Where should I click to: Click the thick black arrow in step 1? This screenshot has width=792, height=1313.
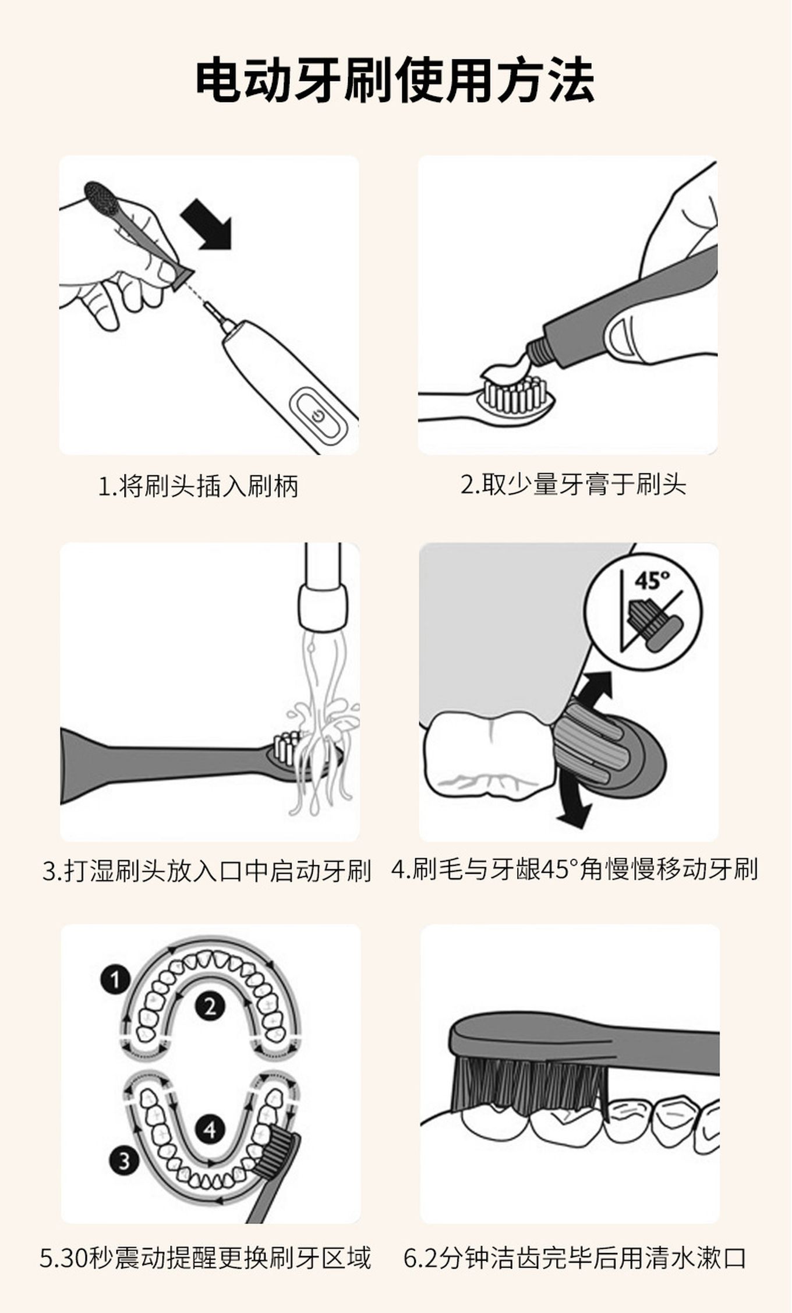pos(207,224)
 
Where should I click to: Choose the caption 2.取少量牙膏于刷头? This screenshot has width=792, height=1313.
pos(573,485)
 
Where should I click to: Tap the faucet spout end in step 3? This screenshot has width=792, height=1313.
pos(323,608)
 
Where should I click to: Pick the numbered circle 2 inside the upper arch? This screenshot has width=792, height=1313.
pos(210,1007)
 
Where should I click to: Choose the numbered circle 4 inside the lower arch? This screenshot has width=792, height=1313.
pos(210,1130)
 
